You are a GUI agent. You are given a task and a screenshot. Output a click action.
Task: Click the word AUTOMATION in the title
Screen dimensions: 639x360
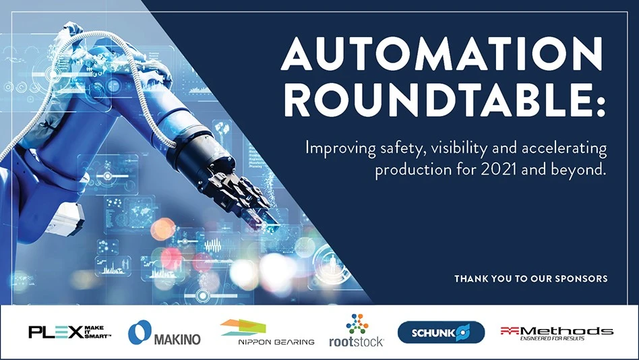(x=442, y=53)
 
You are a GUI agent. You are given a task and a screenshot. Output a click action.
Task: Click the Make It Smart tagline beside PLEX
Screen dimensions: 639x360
(x=97, y=332)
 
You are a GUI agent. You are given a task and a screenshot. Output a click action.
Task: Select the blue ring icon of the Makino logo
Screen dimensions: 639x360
(x=140, y=332)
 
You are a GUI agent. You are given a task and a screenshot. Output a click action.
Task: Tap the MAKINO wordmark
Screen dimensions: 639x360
(x=177, y=339)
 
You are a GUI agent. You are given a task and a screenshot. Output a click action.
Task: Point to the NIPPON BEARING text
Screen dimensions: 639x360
(x=276, y=342)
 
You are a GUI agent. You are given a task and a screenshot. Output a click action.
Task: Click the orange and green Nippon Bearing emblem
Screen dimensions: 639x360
(x=243, y=328)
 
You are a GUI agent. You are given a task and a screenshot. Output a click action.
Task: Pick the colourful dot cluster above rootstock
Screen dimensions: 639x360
(x=357, y=324)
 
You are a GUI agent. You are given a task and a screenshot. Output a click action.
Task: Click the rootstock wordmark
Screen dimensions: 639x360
(x=356, y=342)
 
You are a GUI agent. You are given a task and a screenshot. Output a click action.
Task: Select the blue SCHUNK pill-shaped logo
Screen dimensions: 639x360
(x=441, y=332)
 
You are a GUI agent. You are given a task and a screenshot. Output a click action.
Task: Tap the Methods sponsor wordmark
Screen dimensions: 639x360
(x=557, y=330)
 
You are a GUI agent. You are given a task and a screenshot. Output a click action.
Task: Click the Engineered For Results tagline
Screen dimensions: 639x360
(x=552, y=338)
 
